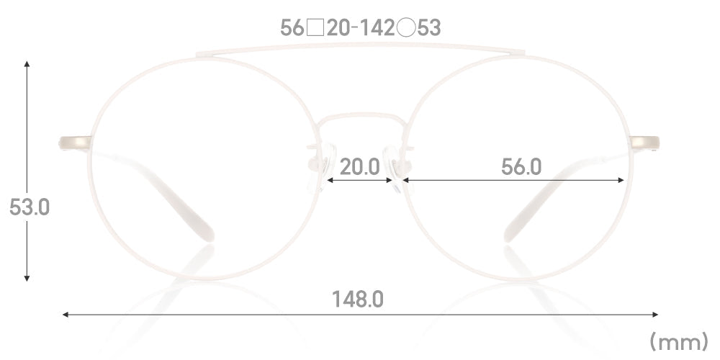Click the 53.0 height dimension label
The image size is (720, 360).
click(x=30, y=207)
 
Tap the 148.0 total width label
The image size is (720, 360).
click(x=358, y=300)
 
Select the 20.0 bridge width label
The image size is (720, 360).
click(x=360, y=167)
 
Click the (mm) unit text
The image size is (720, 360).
click(x=679, y=342)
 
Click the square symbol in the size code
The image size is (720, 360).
click(x=315, y=29)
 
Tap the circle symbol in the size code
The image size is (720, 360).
click(x=406, y=29)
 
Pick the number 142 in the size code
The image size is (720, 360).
click(x=377, y=29)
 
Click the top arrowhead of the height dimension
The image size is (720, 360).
click(x=27, y=64)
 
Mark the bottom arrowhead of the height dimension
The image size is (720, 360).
click(x=27, y=277)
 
